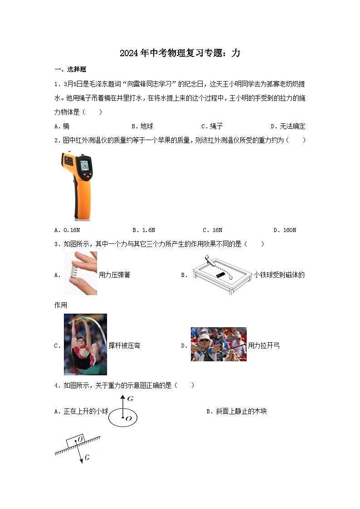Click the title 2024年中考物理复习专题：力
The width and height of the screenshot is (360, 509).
(x=180, y=53)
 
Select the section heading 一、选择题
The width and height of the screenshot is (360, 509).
(x=70, y=69)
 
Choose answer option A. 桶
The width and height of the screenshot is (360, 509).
(x=62, y=126)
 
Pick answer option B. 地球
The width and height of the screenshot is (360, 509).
(x=142, y=126)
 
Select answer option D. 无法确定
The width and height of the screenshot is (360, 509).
(x=288, y=126)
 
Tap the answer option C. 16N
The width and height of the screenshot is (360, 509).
(x=212, y=230)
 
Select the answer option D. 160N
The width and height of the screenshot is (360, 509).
(x=285, y=230)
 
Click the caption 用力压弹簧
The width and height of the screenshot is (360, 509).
(x=114, y=275)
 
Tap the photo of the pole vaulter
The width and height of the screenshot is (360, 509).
(x=85, y=344)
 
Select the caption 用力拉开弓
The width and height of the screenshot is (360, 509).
(x=264, y=346)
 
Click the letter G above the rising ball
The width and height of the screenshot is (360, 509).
(x=131, y=399)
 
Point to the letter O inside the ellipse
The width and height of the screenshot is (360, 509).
(x=128, y=418)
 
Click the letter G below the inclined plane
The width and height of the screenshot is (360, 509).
(x=87, y=458)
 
